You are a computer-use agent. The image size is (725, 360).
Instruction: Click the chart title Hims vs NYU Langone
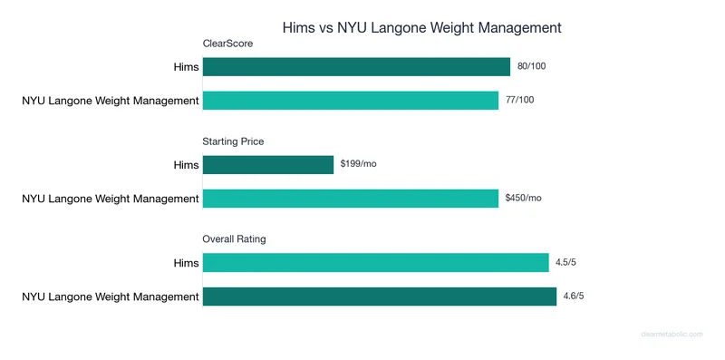click(422, 27)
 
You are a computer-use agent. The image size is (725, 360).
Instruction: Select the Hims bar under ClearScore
click(356, 66)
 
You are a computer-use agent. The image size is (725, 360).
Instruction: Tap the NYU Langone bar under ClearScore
click(351, 100)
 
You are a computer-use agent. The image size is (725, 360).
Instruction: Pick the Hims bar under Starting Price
click(268, 164)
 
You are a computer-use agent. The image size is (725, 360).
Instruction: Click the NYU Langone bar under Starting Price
click(351, 198)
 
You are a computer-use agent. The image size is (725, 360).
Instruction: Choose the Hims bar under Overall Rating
click(376, 262)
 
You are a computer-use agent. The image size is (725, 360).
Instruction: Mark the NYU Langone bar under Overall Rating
click(379, 296)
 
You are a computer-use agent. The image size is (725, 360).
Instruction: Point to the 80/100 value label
click(531, 66)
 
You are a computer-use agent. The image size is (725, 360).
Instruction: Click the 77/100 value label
click(519, 100)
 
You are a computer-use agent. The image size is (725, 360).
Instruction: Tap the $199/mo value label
click(359, 164)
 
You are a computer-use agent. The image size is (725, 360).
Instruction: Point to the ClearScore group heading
click(227, 43)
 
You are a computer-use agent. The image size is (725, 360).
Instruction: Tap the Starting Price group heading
click(233, 141)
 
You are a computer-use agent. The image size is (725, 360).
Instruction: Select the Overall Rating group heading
click(234, 238)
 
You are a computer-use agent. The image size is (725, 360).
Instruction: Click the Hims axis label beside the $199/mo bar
click(185, 164)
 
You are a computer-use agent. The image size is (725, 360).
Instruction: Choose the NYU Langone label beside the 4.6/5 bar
click(110, 296)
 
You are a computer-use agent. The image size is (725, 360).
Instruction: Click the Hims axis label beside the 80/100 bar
click(185, 66)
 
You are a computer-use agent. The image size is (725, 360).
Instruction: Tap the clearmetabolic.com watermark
click(672, 335)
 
